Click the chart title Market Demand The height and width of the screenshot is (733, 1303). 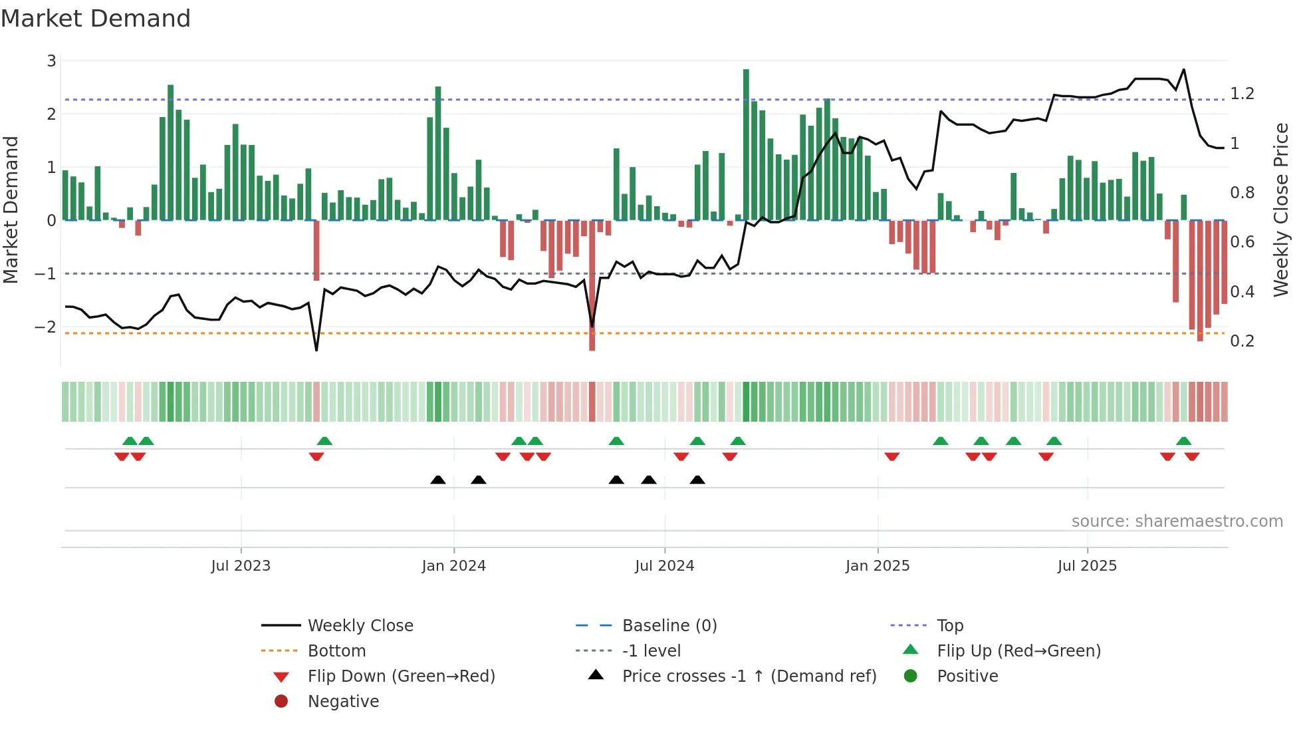(x=96, y=19)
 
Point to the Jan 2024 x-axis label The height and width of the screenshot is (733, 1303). (x=453, y=565)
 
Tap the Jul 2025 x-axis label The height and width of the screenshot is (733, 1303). (x=1087, y=565)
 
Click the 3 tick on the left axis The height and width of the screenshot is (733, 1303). (x=51, y=61)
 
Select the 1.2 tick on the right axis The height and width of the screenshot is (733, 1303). (x=1242, y=94)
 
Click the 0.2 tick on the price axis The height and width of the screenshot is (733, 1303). (x=1242, y=341)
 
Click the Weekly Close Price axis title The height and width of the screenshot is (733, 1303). (x=1281, y=210)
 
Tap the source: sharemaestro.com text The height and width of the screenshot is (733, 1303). (x=1177, y=521)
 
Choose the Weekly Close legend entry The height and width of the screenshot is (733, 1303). (x=360, y=625)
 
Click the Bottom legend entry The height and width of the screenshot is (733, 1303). (x=336, y=651)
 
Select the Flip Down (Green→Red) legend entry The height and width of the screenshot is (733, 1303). (x=401, y=676)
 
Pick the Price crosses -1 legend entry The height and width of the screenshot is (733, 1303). (x=749, y=676)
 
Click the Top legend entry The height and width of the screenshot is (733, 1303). (x=950, y=625)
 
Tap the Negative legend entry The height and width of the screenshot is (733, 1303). (x=343, y=701)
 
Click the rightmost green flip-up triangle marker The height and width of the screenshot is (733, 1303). (x=1183, y=441)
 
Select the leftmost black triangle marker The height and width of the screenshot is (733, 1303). (x=437, y=480)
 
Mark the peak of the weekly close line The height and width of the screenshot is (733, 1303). (x=1183, y=69)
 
